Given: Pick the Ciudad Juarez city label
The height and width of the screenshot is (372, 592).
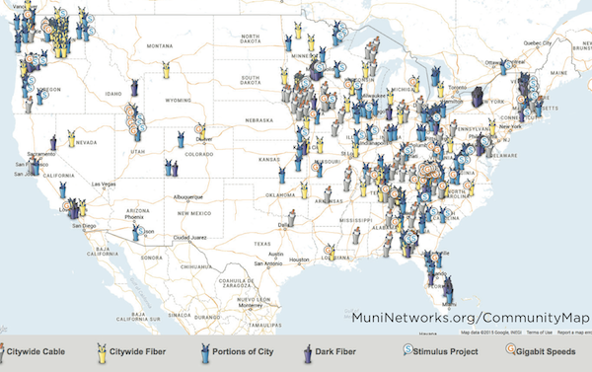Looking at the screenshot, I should click(x=188, y=238).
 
